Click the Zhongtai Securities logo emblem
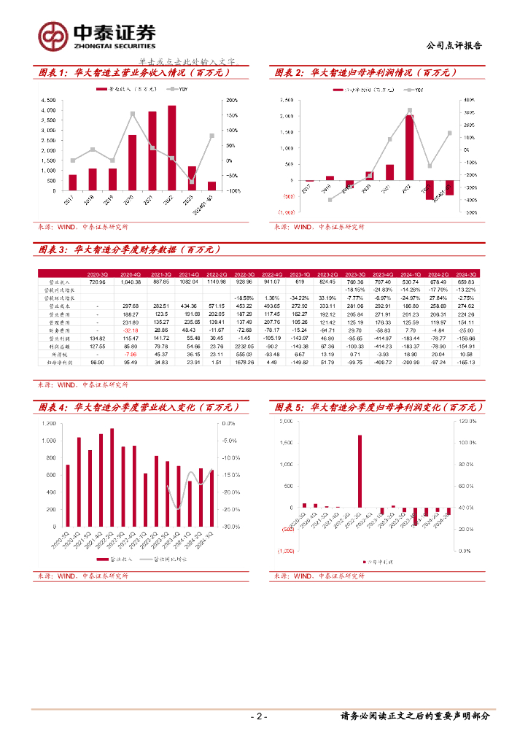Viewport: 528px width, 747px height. point(53,34)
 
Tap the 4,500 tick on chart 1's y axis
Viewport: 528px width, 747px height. point(48,100)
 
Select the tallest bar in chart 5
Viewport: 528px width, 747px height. point(360,471)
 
